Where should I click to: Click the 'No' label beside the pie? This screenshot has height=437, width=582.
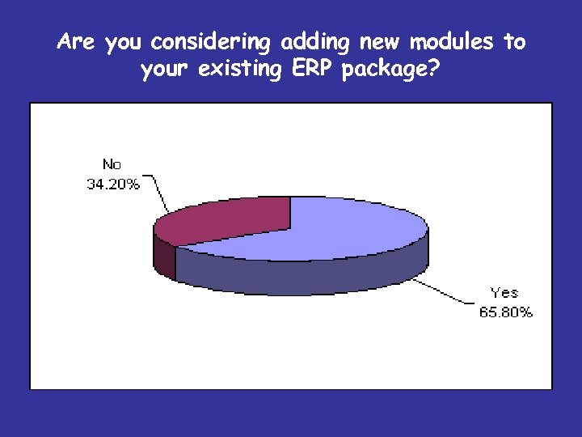pyautogui.click(x=112, y=165)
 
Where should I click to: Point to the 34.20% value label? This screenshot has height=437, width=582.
pyautogui.click(x=112, y=184)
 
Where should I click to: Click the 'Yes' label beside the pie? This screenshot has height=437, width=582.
pyautogui.click(x=504, y=293)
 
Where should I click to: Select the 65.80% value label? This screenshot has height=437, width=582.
pyautogui.click(x=506, y=312)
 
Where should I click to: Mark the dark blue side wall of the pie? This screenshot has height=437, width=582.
pyautogui.click(x=307, y=275)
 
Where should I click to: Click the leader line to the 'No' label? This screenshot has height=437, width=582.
pyautogui.click(x=158, y=198)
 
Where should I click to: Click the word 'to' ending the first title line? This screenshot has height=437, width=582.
pyautogui.click(x=514, y=42)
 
